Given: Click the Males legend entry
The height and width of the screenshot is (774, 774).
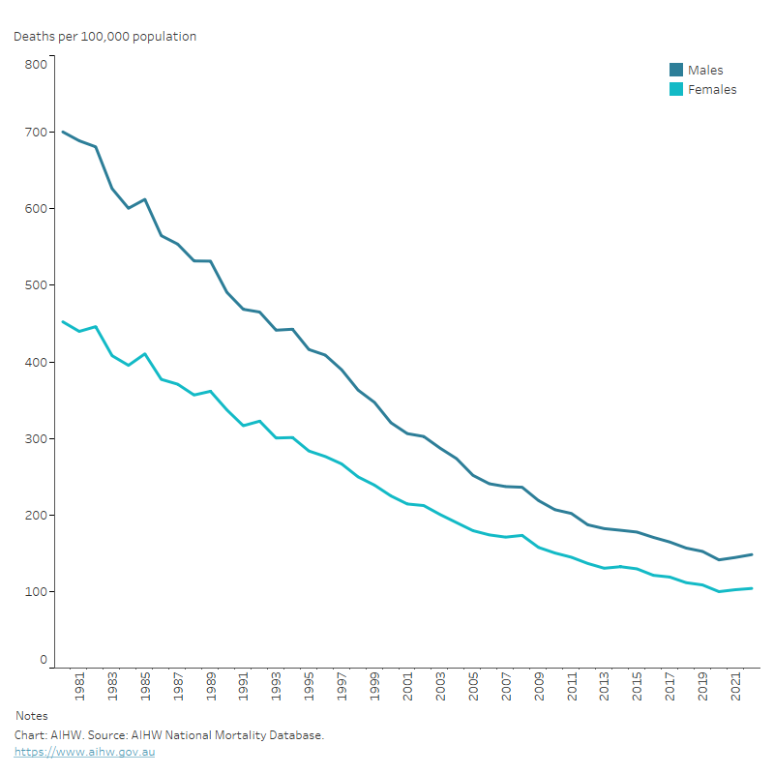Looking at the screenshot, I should pyautogui.click(x=705, y=70).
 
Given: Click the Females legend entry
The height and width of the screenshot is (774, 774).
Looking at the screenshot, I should pyautogui.click(x=712, y=89).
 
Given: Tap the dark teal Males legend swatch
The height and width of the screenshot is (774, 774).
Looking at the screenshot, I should pyautogui.click(x=677, y=70).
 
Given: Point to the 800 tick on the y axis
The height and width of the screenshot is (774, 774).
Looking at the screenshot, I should pyautogui.click(x=36, y=64).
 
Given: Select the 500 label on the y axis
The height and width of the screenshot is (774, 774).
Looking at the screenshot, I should pyautogui.click(x=36, y=285).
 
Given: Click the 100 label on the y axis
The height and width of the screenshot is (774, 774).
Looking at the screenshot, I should pyautogui.click(x=36, y=591).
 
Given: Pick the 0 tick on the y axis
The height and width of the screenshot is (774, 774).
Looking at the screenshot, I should pyautogui.click(x=43, y=660).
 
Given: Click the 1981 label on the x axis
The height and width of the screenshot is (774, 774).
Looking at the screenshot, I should pyautogui.click(x=79, y=689).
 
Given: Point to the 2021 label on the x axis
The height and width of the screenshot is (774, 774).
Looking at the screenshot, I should pyautogui.click(x=736, y=689).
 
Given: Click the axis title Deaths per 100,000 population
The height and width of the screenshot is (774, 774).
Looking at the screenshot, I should pyautogui.click(x=104, y=37).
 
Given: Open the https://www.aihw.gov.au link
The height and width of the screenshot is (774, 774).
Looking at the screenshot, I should pyautogui.click(x=84, y=752).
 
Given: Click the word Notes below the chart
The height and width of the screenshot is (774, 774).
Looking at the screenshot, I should pyautogui.click(x=32, y=716).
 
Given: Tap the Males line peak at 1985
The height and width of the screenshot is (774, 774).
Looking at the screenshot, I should pyautogui.click(x=145, y=199).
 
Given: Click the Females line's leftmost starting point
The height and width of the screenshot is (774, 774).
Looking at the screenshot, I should pyautogui.click(x=63, y=322).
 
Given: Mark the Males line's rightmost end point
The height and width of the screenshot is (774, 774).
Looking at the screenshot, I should pyautogui.click(x=752, y=554).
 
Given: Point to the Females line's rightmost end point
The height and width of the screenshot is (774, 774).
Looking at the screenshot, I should pyautogui.click(x=752, y=588).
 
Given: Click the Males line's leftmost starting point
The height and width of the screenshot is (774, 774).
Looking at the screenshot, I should pyautogui.click(x=63, y=132).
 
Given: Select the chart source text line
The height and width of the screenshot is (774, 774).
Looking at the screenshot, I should pyautogui.click(x=168, y=735).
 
